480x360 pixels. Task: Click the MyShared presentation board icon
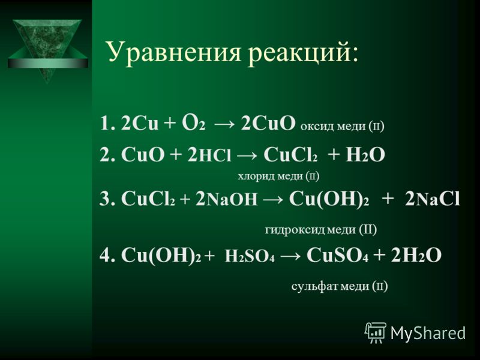coord(376,332)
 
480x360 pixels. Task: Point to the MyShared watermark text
coord(428,333)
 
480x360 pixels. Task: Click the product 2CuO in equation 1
coord(268,124)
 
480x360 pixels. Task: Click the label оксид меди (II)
coord(342,126)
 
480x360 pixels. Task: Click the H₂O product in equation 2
coord(365,155)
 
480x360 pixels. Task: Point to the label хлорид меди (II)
coord(278,176)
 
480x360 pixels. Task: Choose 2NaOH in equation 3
coord(226,199)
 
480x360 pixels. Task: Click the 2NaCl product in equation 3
coord(432,199)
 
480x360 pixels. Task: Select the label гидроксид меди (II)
coord(321,230)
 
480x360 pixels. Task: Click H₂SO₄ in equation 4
coord(250,256)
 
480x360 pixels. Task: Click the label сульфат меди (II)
coord(340,287)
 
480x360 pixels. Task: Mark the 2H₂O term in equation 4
coord(416,255)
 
